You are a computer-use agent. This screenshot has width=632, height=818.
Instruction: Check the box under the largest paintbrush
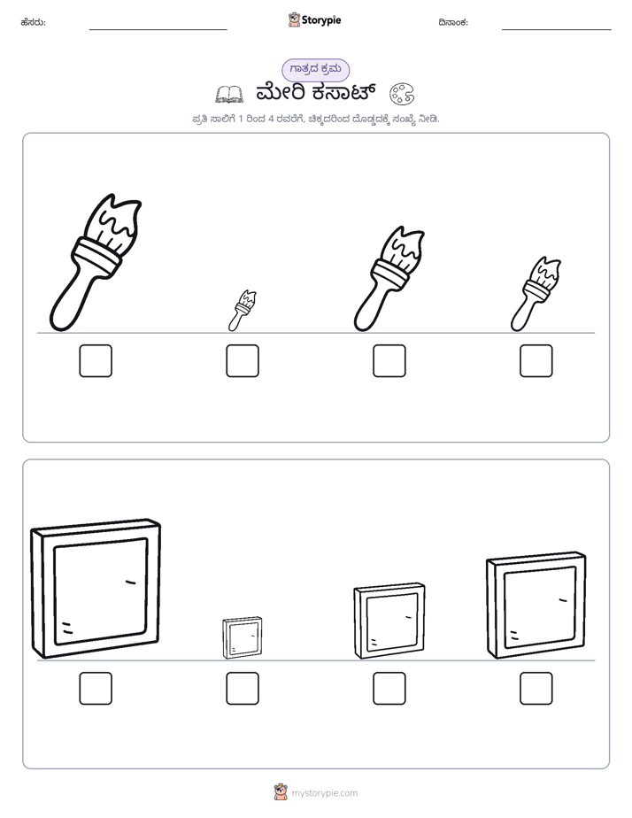(96, 360)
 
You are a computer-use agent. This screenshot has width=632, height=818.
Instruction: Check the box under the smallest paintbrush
(243, 360)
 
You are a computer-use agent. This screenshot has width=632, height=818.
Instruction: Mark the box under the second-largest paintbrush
(389, 360)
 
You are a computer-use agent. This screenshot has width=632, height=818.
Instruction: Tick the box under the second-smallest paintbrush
(536, 360)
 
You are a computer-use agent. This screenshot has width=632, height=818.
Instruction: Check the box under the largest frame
(96, 688)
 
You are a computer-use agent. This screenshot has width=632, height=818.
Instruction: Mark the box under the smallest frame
(243, 688)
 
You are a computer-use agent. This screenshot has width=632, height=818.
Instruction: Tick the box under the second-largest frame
(536, 688)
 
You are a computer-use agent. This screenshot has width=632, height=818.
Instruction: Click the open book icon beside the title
(229, 95)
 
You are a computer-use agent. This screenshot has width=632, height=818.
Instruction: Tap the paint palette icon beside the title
(402, 94)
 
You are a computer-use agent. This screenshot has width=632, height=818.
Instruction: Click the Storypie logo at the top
(314, 20)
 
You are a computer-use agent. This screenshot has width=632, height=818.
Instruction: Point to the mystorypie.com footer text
(324, 793)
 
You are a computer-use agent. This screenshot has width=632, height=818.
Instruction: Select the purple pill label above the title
(315, 70)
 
